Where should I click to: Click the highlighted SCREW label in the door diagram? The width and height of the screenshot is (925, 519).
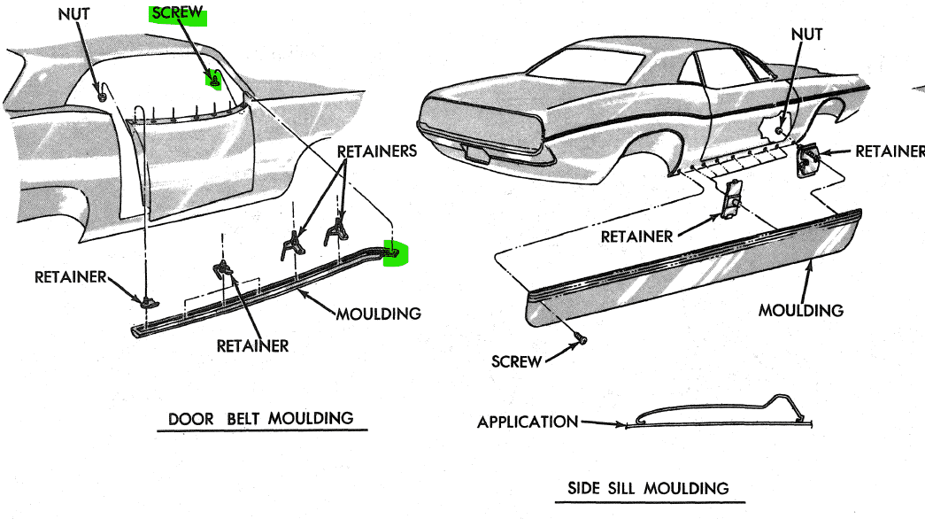point(178,15)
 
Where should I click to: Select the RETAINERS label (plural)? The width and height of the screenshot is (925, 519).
point(376,151)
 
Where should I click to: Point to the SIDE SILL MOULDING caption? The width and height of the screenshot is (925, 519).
point(648,488)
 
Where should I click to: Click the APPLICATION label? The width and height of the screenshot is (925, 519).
point(528,422)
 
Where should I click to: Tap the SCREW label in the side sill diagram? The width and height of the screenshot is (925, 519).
point(515,362)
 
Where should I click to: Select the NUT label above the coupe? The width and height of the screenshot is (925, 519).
point(806,35)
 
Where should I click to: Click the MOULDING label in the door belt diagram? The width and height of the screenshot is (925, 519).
point(378,313)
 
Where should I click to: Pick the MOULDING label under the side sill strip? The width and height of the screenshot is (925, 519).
point(801,310)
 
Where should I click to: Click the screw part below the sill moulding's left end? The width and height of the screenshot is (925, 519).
point(580,338)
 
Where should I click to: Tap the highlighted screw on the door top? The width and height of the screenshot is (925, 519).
point(213,81)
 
